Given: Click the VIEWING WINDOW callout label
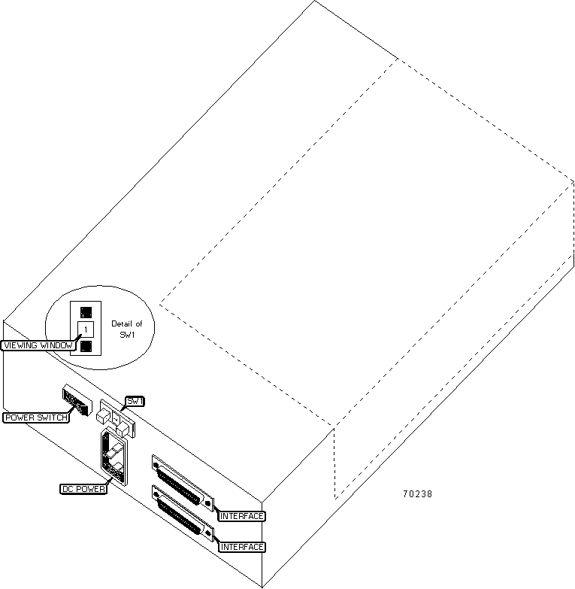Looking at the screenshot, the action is pos(38,345).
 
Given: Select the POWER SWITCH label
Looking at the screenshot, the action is pos(36,417).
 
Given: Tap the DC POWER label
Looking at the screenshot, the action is pos(83,489).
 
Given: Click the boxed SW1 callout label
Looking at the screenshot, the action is pos(135,401).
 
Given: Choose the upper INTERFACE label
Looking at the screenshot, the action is pos(242,516).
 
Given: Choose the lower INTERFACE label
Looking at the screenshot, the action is pos(242,547).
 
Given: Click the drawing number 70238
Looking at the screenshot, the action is pos(417,494).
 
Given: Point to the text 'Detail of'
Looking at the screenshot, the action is pos(127,323).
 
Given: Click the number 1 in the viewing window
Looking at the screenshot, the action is pos(86,329).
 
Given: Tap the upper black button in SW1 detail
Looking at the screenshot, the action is pos(86,312).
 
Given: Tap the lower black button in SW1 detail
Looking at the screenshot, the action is pos(86,346).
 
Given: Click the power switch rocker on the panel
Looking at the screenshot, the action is pos(77,400).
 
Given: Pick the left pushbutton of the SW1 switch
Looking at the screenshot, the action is pos(103,416).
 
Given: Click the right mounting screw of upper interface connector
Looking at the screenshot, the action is pos(207,503).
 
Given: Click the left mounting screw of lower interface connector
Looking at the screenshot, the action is pos(156,496).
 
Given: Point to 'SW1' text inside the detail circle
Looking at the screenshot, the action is pos(127,334).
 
